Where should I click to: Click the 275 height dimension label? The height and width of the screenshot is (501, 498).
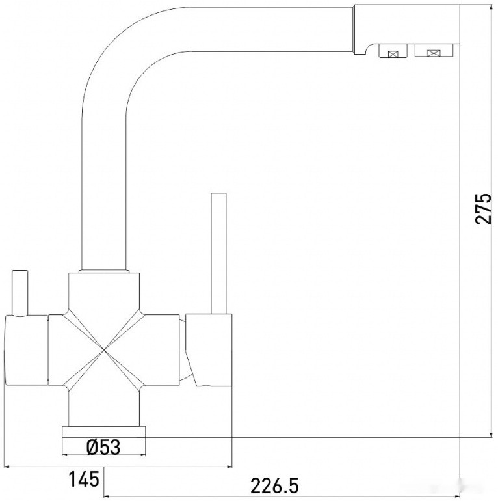coord(483,208)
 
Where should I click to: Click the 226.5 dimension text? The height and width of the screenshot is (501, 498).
coord(274,485)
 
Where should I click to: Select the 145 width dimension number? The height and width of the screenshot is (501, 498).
coord(84,480)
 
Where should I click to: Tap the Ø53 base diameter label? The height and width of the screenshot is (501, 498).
coord(103,447)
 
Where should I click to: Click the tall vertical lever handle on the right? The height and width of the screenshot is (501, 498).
coord(218,253)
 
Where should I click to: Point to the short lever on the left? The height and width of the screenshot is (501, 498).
coord(20,293)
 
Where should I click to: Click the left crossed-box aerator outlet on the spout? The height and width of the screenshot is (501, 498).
coord(393,51)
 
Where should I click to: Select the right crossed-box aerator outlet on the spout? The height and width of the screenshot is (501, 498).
coord(434,51)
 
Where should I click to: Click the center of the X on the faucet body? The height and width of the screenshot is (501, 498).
coord(104,351)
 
